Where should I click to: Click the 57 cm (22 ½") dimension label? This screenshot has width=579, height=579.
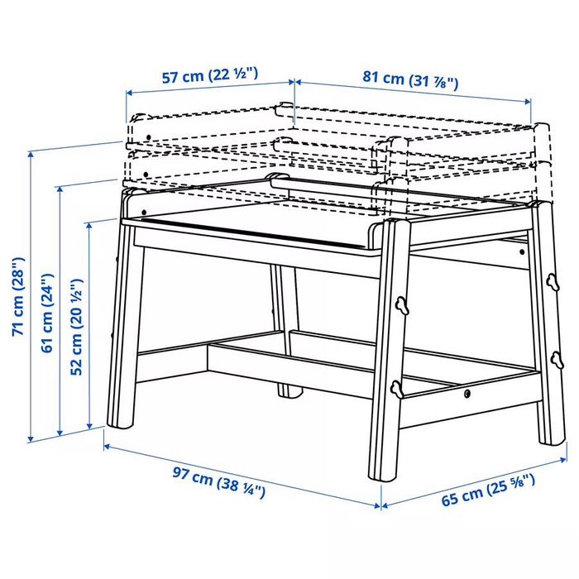209,77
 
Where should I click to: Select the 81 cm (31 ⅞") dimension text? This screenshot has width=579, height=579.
410,79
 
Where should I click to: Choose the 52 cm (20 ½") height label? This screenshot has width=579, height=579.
76,331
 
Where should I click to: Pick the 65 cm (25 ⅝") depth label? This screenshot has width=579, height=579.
487,489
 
